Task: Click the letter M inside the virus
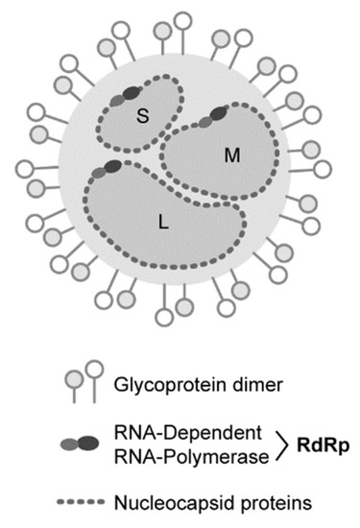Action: tap(229, 155)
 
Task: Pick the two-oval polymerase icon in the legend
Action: tap(79, 444)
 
